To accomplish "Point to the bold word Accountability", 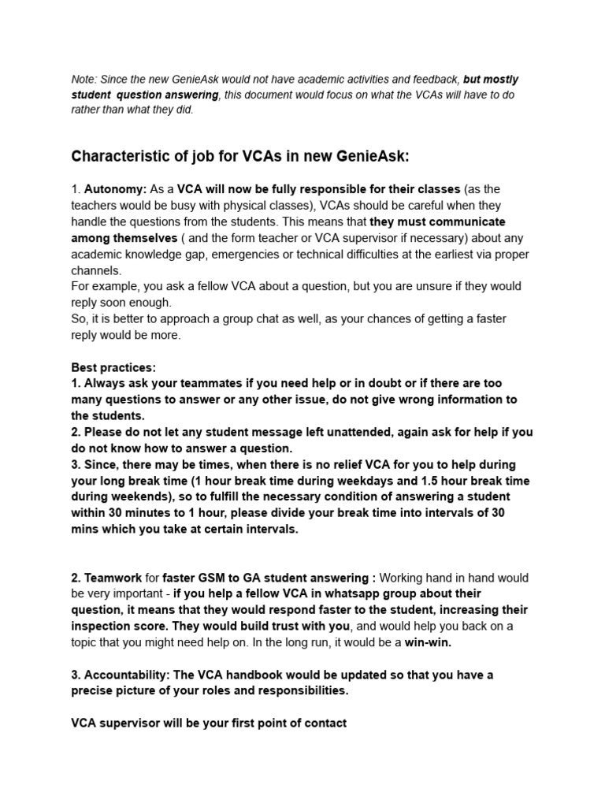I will (123, 675).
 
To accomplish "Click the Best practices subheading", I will (113, 367).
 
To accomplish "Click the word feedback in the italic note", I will (429, 80).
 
